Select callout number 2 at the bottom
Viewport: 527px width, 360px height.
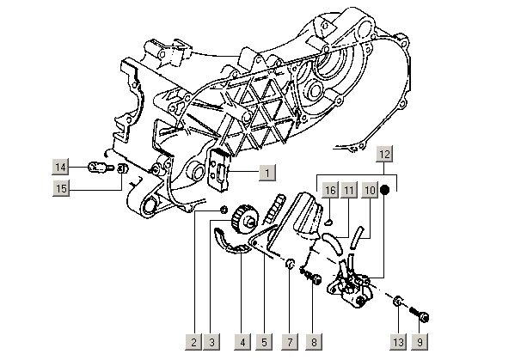tap(195, 342)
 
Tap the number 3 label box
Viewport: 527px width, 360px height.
tap(212, 342)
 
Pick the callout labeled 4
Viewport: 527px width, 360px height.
tap(243, 342)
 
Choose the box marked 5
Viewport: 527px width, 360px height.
tap(264, 342)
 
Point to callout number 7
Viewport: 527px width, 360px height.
tap(291, 342)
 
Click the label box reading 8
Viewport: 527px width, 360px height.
tap(315, 342)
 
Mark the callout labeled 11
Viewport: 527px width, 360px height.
tap(349, 189)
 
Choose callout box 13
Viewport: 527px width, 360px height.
tap(398, 342)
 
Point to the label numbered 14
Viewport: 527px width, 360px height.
tap(61, 166)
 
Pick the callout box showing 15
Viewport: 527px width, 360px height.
tap(61, 187)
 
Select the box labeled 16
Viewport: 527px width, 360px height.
tap(328, 189)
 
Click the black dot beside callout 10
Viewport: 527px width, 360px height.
tap(387, 189)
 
